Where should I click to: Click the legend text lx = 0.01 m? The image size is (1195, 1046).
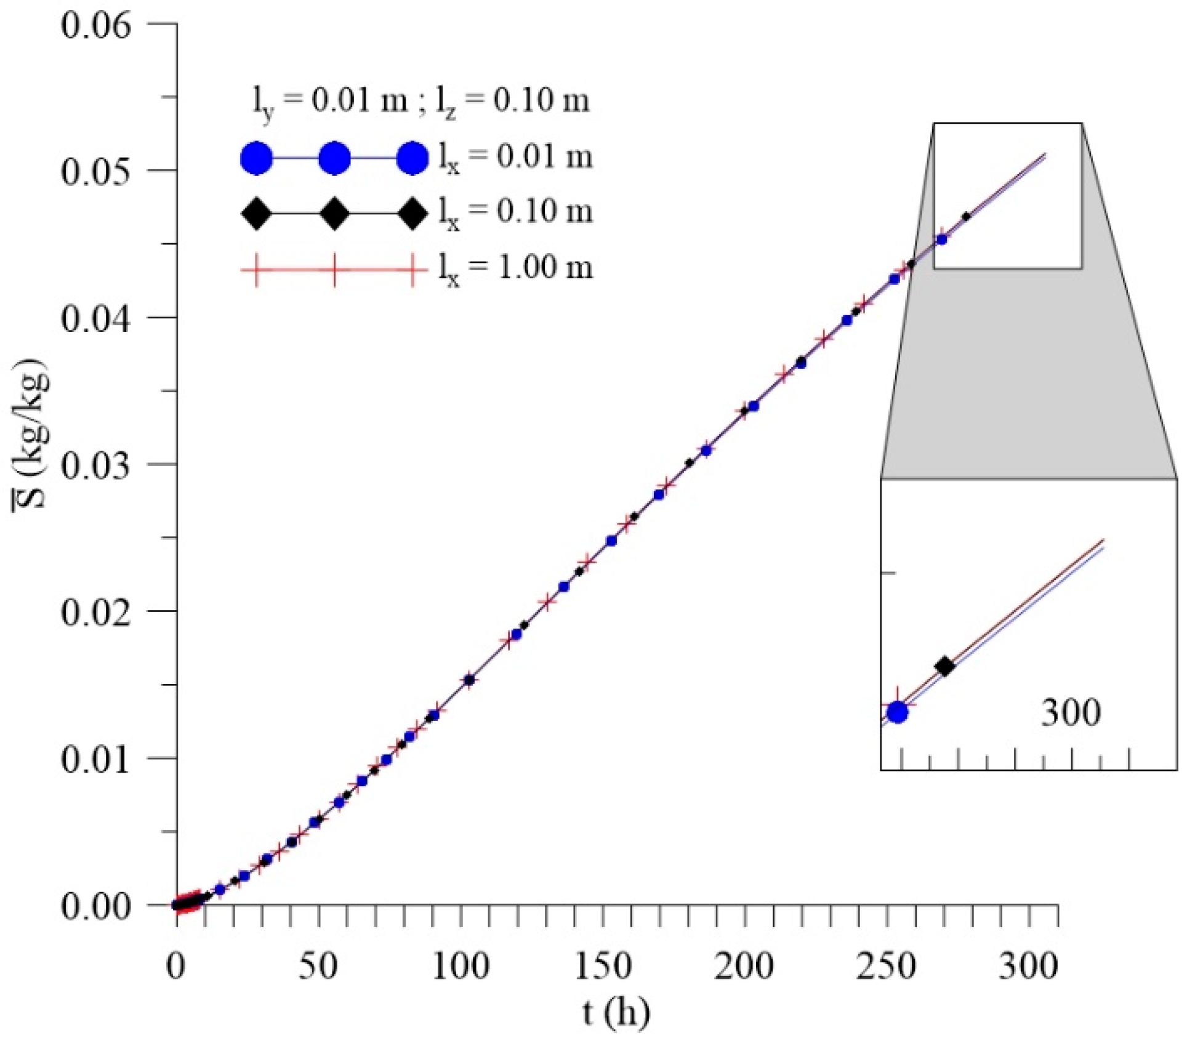(x=515, y=158)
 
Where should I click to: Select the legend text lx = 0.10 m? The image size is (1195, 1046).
(x=515, y=213)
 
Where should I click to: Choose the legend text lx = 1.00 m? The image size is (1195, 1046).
(x=515, y=268)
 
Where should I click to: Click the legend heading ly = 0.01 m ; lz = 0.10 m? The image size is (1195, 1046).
(x=421, y=101)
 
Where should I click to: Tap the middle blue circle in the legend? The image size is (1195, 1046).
(x=334, y=159)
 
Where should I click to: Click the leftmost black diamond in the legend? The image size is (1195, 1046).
(x=255, y=214)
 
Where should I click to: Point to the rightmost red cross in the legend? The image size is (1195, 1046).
(x=412, y=270)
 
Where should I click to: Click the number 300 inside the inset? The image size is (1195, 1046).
(x=1071, y=713)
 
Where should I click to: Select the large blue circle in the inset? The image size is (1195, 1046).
(x=898, y=712)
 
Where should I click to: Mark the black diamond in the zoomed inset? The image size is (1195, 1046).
(x=944, y=666)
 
